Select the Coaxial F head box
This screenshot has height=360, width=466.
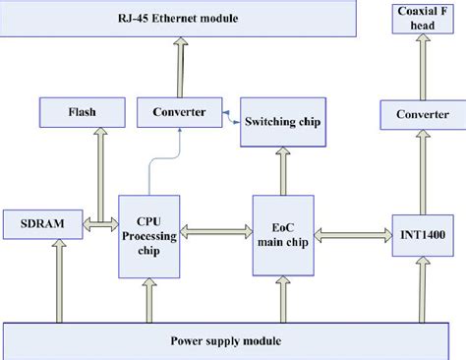[x=415, y=18]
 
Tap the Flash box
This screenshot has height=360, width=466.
[x=83, y=112]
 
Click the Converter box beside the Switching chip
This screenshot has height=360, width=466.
[x=178, y=112]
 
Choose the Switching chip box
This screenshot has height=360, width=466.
[x=283, y=123]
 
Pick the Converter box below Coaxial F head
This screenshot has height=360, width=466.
[x=415, y=116]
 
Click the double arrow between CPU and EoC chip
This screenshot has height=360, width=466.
[x=215, y=233]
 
